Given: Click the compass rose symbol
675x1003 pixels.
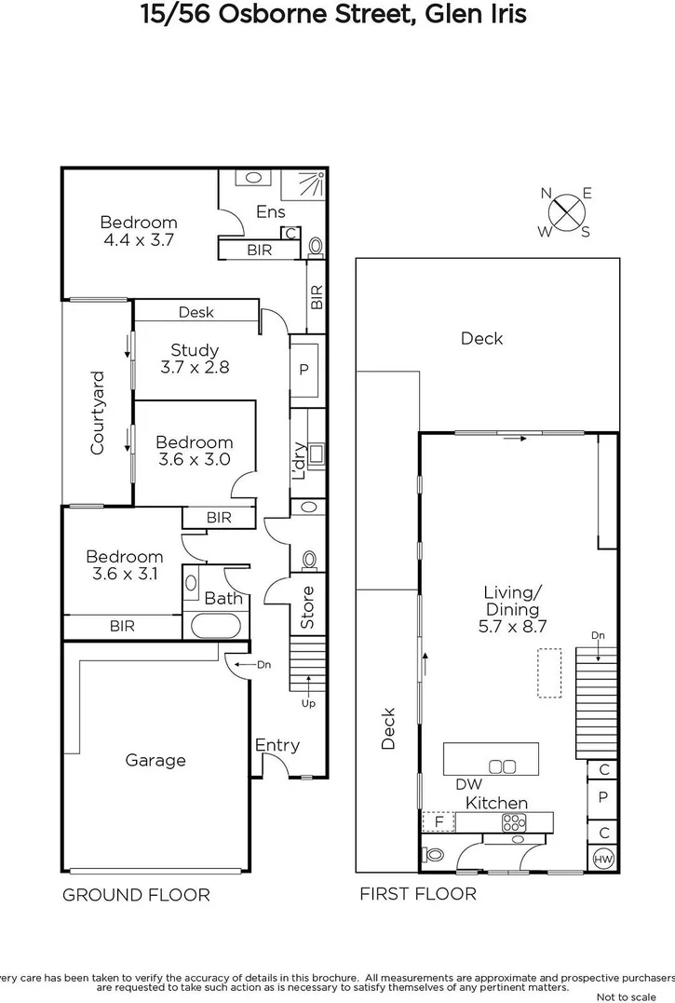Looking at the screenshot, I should click(566, 212).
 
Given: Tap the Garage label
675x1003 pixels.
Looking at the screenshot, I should click(155, 760).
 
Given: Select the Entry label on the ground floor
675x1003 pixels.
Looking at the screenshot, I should click(277, 745).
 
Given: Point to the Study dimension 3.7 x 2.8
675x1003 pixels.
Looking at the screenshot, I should click(194, 367).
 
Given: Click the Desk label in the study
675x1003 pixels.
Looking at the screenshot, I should click(196, 312).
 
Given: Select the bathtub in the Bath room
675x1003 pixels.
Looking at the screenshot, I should click(215, 624).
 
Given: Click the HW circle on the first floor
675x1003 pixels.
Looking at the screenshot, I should click(602, 857).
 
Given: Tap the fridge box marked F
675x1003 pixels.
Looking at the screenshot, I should click(438, 822).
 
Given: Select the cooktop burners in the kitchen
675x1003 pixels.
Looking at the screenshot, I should click(514, 821).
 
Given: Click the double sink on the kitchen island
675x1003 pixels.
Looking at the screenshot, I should click(503, 766).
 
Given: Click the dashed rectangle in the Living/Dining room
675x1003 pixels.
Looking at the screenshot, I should click(549, 673).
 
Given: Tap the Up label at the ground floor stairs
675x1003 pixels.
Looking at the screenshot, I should click(308, 703).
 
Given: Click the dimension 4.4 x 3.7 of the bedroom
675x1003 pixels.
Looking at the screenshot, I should click(138, 239).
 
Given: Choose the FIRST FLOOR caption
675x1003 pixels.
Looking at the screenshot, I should click(418, 894).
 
